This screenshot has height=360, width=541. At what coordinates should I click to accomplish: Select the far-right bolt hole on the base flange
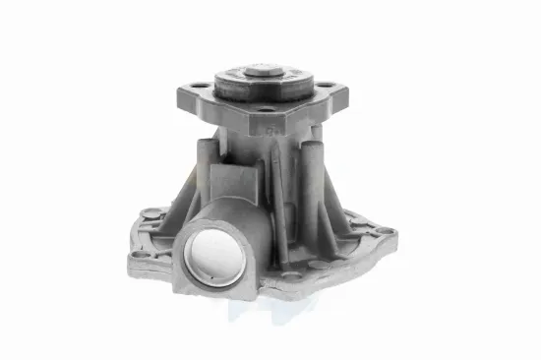click(385, 231)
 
